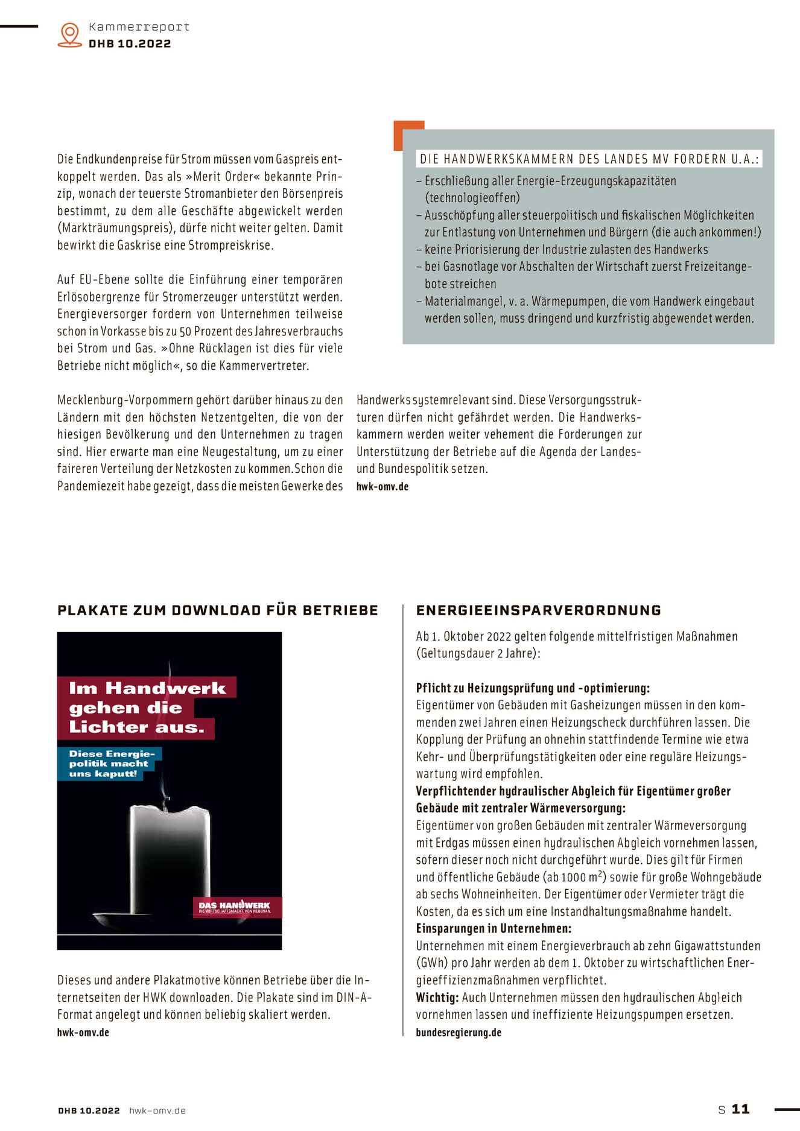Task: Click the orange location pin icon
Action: pos(70,34)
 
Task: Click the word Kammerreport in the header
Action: pos(139,27)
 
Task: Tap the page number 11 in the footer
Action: pos(740,1109)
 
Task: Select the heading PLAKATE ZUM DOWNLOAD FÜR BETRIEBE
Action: pos(218,610)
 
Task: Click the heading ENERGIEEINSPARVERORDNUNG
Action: pos(538,610)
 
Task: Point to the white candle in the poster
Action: pos(171,857)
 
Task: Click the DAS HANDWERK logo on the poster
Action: pos(235,907)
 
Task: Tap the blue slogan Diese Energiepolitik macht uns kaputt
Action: pos(110,764)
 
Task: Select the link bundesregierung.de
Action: pos(459,1032)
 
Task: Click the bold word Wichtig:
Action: pos(437,998)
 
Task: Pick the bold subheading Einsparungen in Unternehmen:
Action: pos(494,928)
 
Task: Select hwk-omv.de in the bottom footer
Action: pos(157,1110)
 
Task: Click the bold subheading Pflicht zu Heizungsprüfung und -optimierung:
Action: pos(533,688)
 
